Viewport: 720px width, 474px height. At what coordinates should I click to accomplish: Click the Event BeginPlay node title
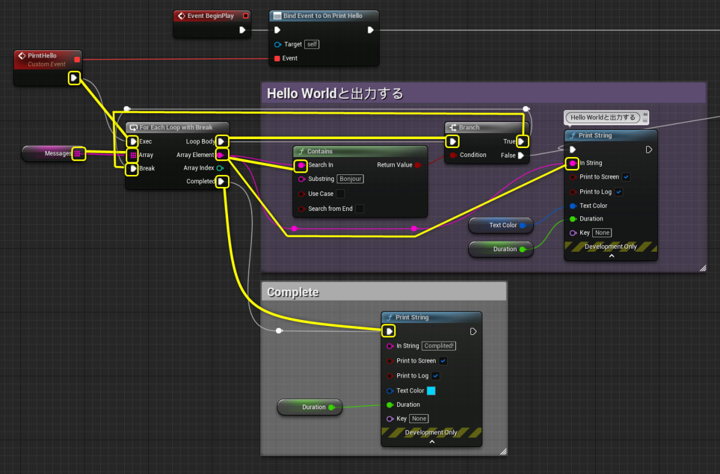[210, 16]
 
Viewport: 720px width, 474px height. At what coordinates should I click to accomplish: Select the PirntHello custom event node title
[42, 56]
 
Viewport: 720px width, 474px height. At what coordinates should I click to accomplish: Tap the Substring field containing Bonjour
[350, 179]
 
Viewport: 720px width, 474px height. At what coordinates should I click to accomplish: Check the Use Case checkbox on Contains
[340, 194]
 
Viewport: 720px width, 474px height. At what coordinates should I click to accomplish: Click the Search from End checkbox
[359, 209]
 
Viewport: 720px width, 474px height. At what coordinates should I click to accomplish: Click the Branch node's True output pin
[522, 141]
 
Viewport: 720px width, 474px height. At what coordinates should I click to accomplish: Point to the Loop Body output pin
[221, 141]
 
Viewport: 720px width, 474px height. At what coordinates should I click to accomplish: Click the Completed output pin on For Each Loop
[221, 182]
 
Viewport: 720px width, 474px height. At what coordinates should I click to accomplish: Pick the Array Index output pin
[220, 168]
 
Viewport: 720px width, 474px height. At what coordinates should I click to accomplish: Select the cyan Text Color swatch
[431, 391]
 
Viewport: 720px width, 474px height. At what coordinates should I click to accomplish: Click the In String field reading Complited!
[439, 346]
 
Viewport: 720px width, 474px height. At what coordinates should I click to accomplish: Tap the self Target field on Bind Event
[311, 44]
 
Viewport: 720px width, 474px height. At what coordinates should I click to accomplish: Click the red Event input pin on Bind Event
[277, 58]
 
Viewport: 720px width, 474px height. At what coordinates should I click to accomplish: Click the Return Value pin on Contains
[418, 165]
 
